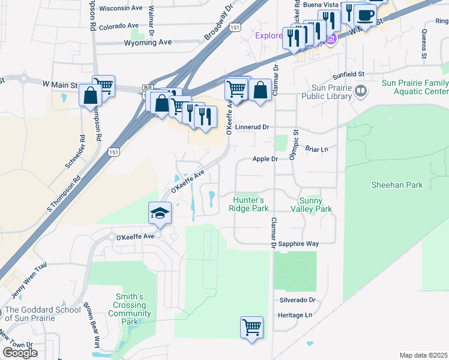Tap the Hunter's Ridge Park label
[x=248, y=204]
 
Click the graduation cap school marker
[x=160, y=213]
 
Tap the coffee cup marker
[x=364, y=14]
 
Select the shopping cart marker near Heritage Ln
[x=252, y=328]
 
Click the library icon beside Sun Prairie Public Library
[x=360, y=91]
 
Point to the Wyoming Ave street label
[x=148, y=43]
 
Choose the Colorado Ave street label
[x=119, y=26]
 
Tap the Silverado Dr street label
[x=297, y=300]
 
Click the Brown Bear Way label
[x=91, y=325]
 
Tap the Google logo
[x=20, y=353]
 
